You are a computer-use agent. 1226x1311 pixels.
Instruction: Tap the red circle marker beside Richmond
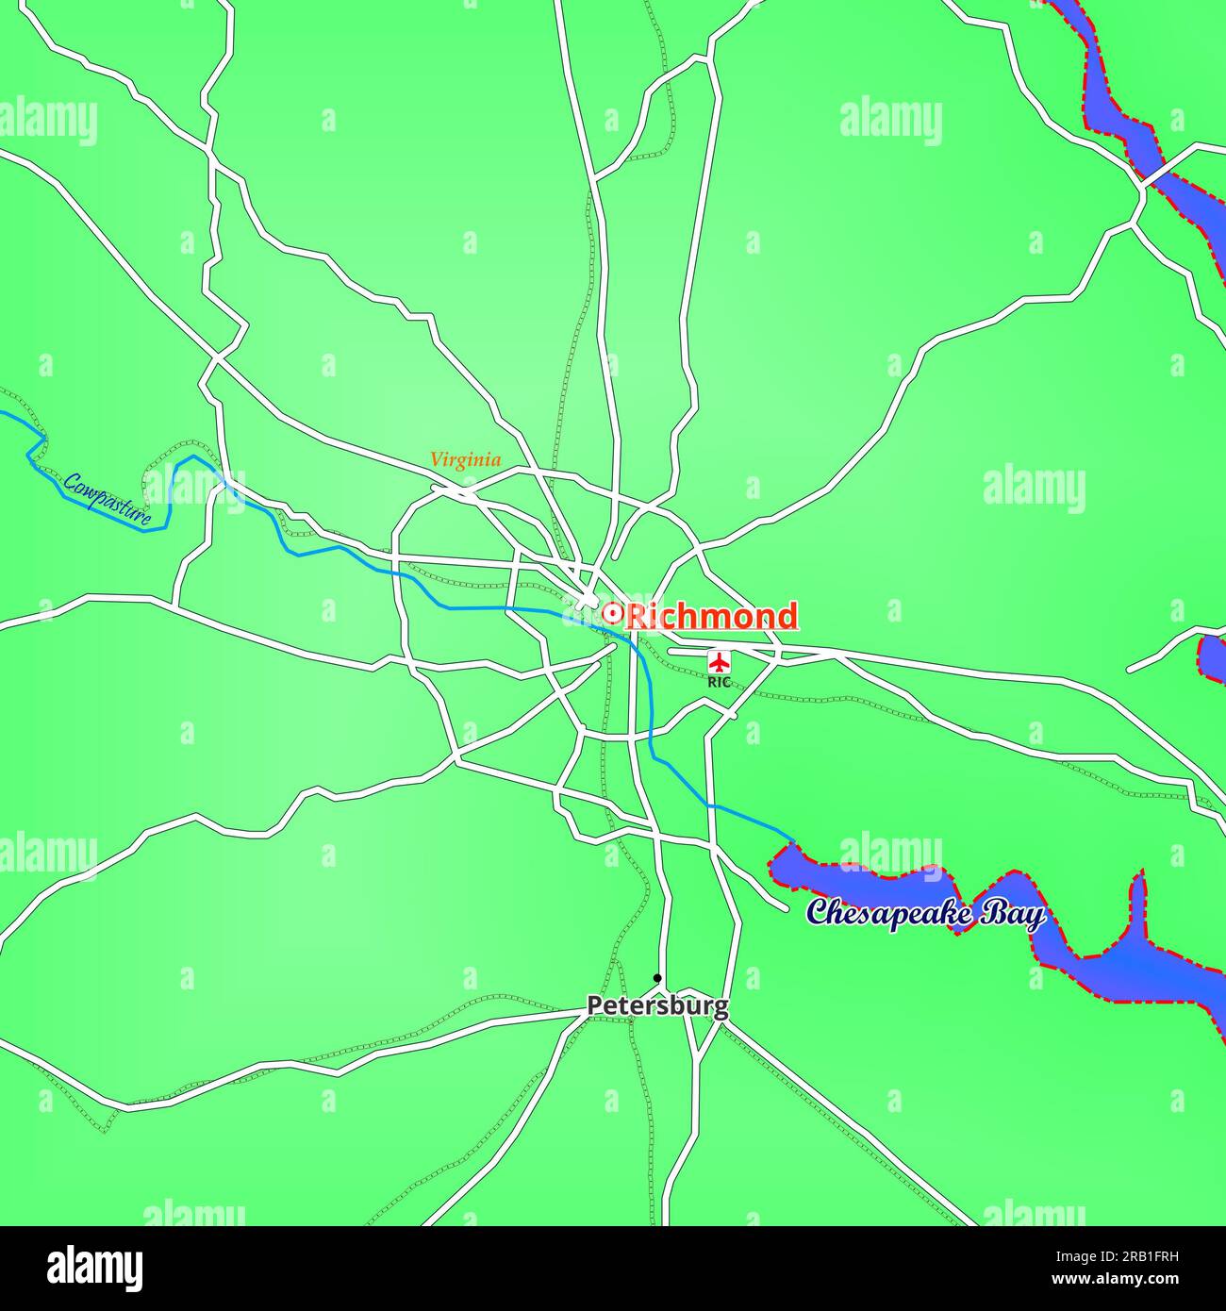click(x=611, y=615)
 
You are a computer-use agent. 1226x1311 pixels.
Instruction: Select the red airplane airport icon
click(x=720, y=660)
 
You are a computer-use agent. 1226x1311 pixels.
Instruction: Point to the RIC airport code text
click(x=720, y=681)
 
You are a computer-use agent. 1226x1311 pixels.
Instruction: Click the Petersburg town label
click(x=657, y=1006)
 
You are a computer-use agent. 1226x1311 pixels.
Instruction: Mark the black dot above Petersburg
click(x=657, y=978)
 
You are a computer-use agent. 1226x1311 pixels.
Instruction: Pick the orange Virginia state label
click(x=465, y=460)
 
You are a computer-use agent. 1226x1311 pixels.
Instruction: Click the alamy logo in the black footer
click(x=95, y=1268)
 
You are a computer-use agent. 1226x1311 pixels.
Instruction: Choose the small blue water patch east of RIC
click(x=1212, y=656)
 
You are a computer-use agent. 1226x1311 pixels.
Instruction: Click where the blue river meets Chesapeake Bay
click(x=792, y=840)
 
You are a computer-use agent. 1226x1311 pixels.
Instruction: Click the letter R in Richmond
click(x=638, y=616)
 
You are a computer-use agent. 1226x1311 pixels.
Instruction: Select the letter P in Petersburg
click(x=594, y=1006)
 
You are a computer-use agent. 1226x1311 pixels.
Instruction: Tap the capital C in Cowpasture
click(x=71, y=484)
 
